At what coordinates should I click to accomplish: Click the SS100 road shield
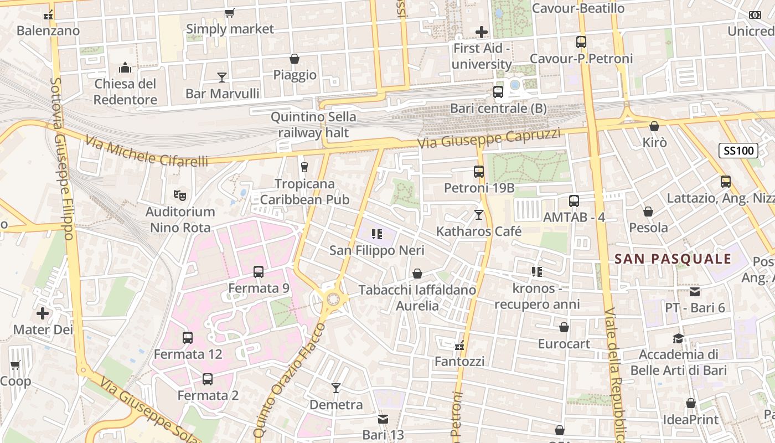(738, 150)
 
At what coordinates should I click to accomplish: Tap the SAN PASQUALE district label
(673, 259)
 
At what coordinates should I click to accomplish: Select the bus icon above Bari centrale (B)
(498, 92)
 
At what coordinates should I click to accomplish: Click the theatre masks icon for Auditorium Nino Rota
(179, 195)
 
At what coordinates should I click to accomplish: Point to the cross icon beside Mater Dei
(43, 313)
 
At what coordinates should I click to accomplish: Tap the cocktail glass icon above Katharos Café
(479, 214)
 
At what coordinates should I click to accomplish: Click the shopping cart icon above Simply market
(229, 13)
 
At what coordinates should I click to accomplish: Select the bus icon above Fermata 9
(259, 271)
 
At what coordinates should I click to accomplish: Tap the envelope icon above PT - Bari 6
(695, 291)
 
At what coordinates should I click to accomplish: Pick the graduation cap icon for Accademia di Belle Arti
(678, 338)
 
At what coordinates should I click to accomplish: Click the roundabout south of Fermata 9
(333, 299)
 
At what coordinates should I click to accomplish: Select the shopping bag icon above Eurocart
(564, 327)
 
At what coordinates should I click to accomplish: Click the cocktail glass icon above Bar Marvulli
(222, 77)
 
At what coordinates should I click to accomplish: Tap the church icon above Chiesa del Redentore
(125, 68)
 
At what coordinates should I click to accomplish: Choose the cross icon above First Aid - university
(482, 32)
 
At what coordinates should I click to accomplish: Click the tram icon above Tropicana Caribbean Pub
(304, 167)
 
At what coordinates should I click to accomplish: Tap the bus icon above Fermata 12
(188, 337)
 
